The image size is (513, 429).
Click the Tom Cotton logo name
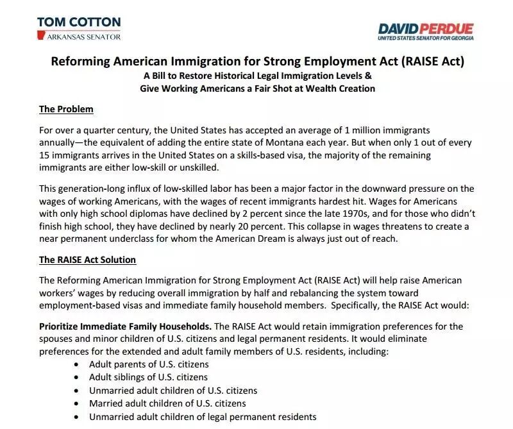click(78, 22)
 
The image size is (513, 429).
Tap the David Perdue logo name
click(425, 29)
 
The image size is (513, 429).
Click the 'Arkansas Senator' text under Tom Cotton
click(84, 37)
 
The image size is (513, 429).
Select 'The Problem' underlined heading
click(66, 109)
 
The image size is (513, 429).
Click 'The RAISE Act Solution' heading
click(87, 260)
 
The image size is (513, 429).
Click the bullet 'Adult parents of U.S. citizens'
click(149, 364)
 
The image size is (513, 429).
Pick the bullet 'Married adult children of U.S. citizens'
click(167, 403)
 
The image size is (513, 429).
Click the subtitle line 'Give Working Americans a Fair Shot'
click(257, 88)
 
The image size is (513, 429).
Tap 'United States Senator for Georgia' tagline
click(425, 39)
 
